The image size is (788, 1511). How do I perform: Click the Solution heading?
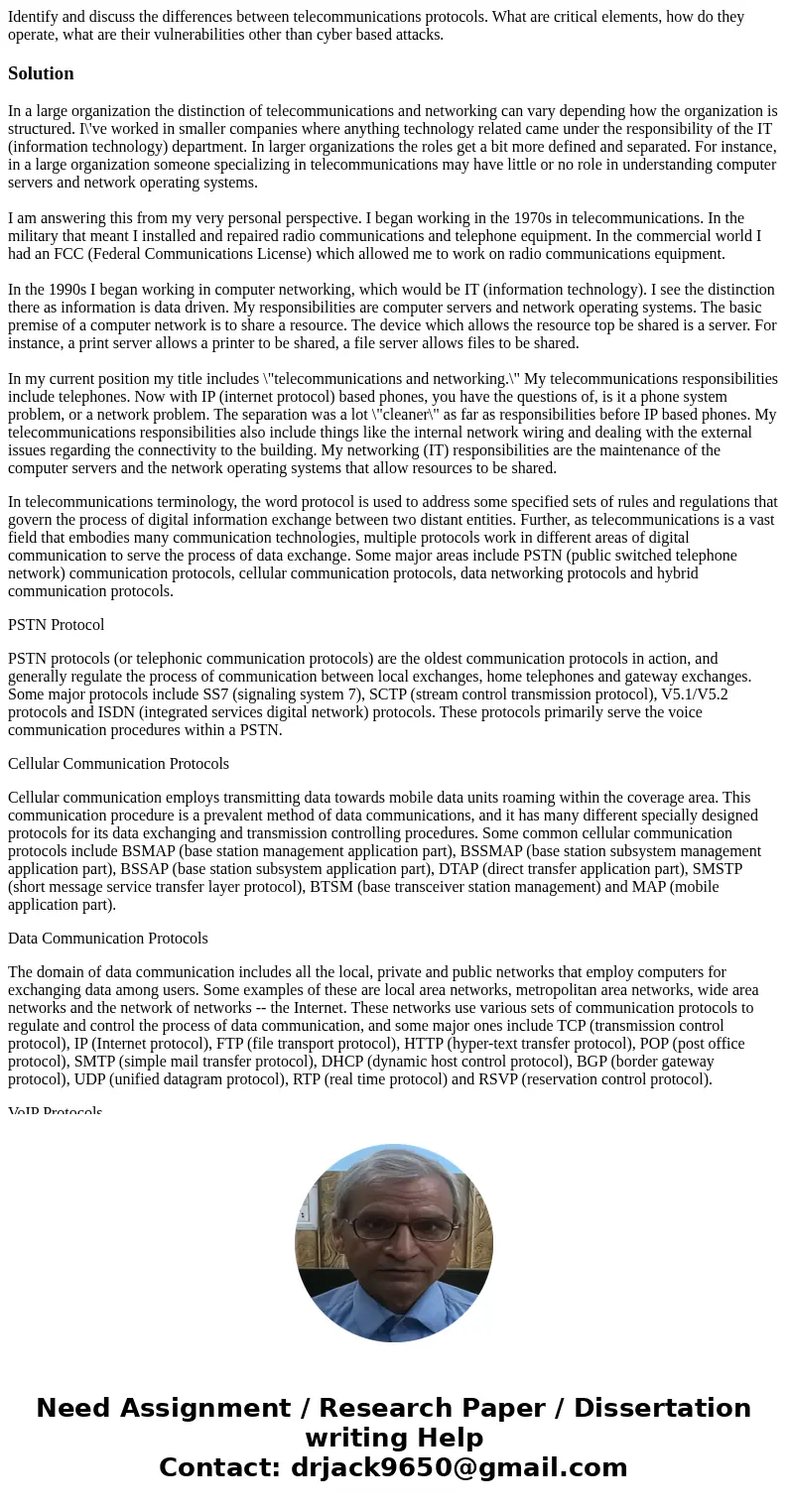point(41,73)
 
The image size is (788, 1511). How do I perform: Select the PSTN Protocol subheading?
point(56,624)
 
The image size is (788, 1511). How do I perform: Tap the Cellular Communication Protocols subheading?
point(118,763)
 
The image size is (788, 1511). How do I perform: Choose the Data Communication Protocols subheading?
point(107,938)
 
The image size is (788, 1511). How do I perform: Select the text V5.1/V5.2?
point(694,694)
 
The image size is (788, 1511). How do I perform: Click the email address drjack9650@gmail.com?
point(459,1467)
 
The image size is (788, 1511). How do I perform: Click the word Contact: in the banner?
point(219,1467)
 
